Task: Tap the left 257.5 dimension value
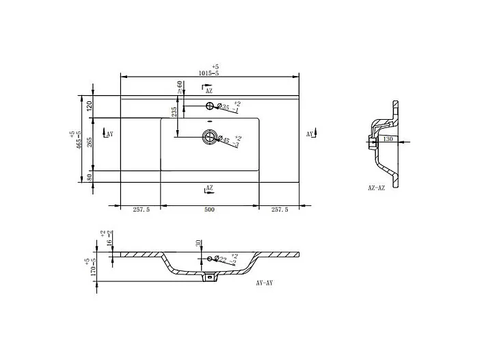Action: tap(140, 210)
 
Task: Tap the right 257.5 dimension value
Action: tap(279, 210)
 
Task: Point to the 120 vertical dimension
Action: tap(89, 106)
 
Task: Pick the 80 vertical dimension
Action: tap(89, 177)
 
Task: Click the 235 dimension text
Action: tap(174, 112)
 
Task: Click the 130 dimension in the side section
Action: tap(388, 139)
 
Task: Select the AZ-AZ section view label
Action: tap(377, 186)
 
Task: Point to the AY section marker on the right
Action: tap(310, 134)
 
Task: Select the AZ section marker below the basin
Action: tap(208, 188)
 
